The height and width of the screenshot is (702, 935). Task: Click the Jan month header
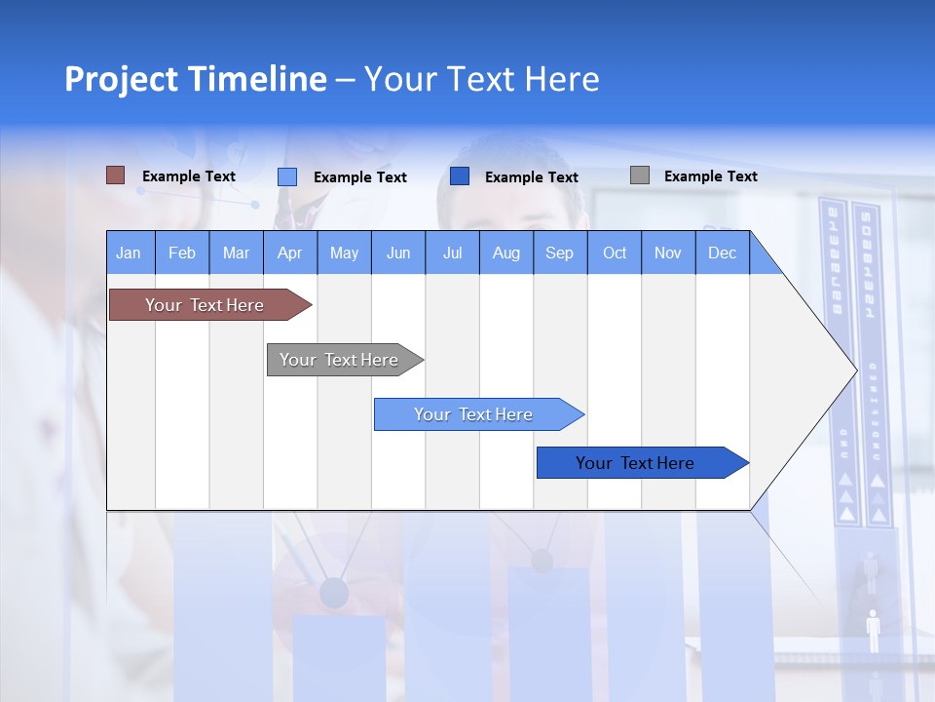tap(129, 253)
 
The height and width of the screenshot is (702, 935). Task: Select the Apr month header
tap(289, 253)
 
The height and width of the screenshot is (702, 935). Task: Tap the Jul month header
tap(452, 253)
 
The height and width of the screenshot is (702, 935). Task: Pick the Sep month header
tap(559, 253)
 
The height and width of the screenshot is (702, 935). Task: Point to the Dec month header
tap(722, 253)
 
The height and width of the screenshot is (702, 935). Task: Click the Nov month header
tap(667, 253)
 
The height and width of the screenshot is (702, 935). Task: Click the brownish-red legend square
tap(115, 175)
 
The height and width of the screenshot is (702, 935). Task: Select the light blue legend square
tap(286, 176)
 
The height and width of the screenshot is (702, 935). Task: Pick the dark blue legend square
tap(460, 176)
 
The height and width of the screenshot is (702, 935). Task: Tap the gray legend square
tap(639, 175)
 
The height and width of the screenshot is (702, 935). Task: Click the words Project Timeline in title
tap(195, 79)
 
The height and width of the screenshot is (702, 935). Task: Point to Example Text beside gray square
tap(710, 176)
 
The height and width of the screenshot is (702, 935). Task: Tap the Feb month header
tap(181, 253)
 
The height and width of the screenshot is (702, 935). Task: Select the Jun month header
tap(397, 253)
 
